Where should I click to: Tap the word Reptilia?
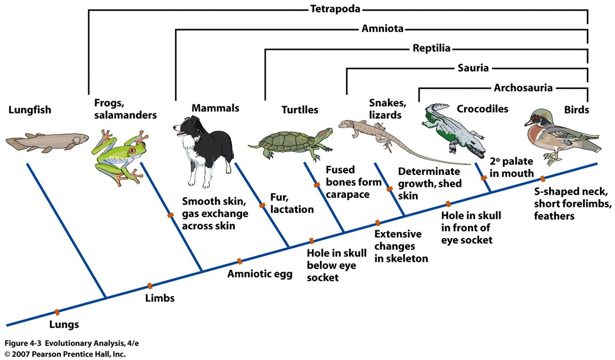coord(431,48)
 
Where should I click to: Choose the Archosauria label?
coord(523,87)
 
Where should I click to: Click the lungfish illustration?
coord(49,140)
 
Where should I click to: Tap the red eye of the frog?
coord(132,150)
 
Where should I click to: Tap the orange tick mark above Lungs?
coord(56,312)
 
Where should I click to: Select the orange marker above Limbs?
coord(149,286)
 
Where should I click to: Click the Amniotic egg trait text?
coord(259,274)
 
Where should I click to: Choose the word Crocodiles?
coord(482,108)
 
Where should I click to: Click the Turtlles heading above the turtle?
coord(291,110)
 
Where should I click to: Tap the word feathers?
coord(554,216)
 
